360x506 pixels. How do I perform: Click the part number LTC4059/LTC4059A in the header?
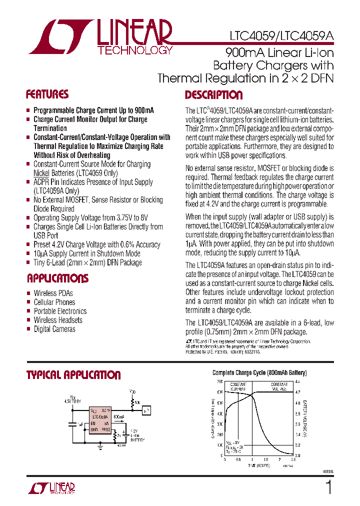pos(281,36)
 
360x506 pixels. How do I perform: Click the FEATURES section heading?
pos(47,94)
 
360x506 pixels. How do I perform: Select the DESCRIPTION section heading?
pos(213,95)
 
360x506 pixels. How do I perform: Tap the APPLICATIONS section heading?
pos(57,278)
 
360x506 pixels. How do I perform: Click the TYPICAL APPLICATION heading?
pos(73,375)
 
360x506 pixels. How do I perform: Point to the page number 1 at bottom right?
pos(328,487)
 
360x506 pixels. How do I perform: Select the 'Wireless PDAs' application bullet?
pos(53,293)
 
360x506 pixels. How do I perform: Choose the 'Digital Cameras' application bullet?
pos(54,329)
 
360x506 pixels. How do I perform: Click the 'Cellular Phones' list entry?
pos(54,302)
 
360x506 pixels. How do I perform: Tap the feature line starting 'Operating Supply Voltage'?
pos(90,218)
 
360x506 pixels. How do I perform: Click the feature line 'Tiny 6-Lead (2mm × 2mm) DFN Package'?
pos(87,262)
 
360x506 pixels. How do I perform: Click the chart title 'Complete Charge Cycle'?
pos(259,373)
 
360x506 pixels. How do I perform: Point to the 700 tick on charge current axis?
pos(220,381)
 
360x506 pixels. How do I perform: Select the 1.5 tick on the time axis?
pos(266,459)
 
